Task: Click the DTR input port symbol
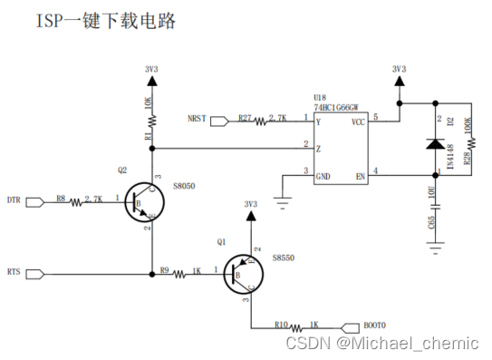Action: pyautogui.click(x=36, y=201)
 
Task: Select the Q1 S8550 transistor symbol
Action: pyautogui.click(x=243, y=272)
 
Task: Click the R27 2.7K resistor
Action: pyautogui.click(x=267, y=120)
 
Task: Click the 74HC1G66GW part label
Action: pyautogui.click(x=336, y=106)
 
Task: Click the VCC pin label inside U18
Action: pyautogui.click(x=357, y=120)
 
